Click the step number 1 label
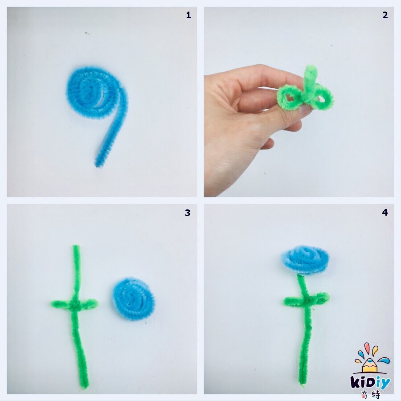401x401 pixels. (188, 15)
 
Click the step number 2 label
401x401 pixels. (385, 15)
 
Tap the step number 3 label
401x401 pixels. (188, 213)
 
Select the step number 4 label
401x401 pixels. (385, 212)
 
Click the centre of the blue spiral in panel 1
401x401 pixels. (90, 92)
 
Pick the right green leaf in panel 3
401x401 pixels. (89, 303)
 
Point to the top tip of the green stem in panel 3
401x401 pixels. (76, 246)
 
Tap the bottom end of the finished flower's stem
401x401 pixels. (302, 382)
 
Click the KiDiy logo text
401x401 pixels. (371, 383)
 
